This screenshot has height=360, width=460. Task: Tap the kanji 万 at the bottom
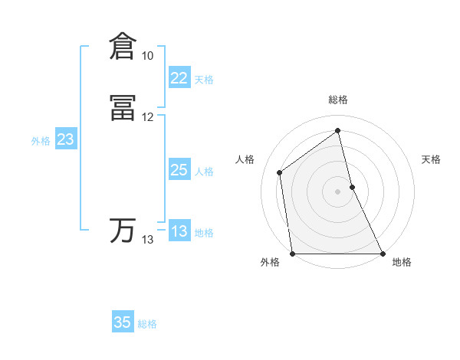point(123,231)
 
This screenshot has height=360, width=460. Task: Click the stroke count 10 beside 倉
point(148,56)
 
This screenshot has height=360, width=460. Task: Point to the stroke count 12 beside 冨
point(148,117)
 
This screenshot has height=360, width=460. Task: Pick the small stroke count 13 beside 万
point(148,240)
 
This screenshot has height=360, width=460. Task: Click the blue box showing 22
point(179,78)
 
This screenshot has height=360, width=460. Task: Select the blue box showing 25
point(179,170)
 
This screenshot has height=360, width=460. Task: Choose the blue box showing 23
point(65,139)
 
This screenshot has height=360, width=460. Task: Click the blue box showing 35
point(123,322)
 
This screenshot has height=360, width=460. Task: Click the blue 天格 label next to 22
point(204,80)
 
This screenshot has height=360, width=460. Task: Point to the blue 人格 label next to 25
point(205,172)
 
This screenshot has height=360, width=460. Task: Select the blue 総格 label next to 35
point(147,324)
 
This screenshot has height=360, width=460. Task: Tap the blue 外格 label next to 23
point(41,141)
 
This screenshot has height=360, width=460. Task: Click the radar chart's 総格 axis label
point(338,100)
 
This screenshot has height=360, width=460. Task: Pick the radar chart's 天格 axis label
point(432,159)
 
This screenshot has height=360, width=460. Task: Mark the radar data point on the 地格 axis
point(382,254)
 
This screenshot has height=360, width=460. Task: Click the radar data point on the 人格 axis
point(280,172)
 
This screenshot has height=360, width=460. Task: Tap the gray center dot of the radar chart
point(338,191)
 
